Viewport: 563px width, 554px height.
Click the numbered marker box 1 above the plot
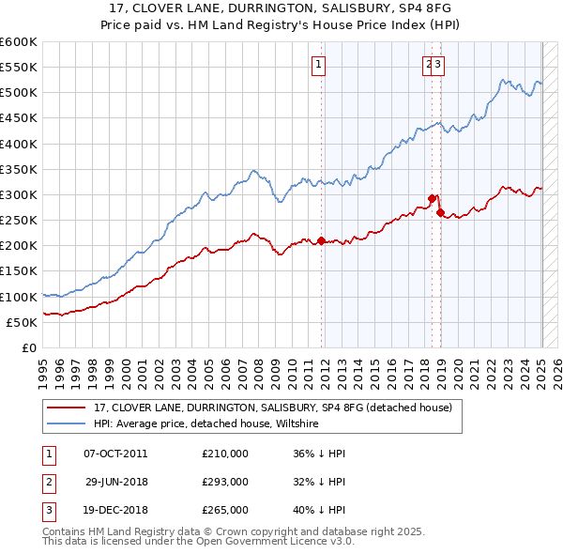pos(319,65)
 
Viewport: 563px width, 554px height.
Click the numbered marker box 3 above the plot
pos(438,65)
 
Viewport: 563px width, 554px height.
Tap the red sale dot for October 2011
pos(321,240)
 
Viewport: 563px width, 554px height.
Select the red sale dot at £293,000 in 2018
pos(432,198)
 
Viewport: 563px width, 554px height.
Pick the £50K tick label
pos(23,322)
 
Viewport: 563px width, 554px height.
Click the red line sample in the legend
pos(67,408)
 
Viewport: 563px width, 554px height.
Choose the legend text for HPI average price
pos(206,424)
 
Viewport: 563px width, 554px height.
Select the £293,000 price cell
pos(225,482)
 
